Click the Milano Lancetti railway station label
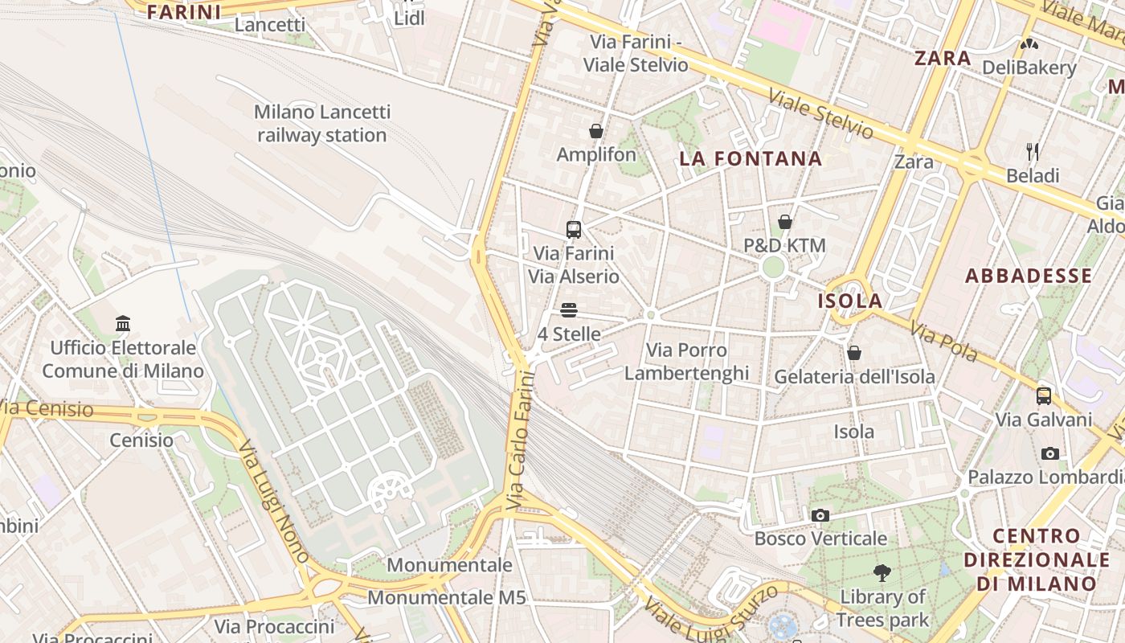(x=322, y=124)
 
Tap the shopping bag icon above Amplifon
(x=596, y=131)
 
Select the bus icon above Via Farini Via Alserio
(x=573, y=230)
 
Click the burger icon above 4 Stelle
(x=569, y=310)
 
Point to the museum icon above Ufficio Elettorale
(x=123, y=324)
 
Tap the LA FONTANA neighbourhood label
(x=751, y=158)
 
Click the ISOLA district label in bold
(x=849, y=301)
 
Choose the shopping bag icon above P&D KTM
(x=785, y=222)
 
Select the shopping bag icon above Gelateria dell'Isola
(x=854, y=353)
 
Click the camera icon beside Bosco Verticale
(x=820, y=515)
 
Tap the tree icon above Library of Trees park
(x=882, y=573)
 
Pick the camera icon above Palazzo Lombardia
(x=1049, y=454)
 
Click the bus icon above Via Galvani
(x=1043, y=396)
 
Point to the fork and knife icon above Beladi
(x=1033, y=151)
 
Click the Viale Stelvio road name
(x=820, y=113)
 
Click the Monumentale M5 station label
(x=447, y=598)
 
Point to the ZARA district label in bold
(x=943, y=59)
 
